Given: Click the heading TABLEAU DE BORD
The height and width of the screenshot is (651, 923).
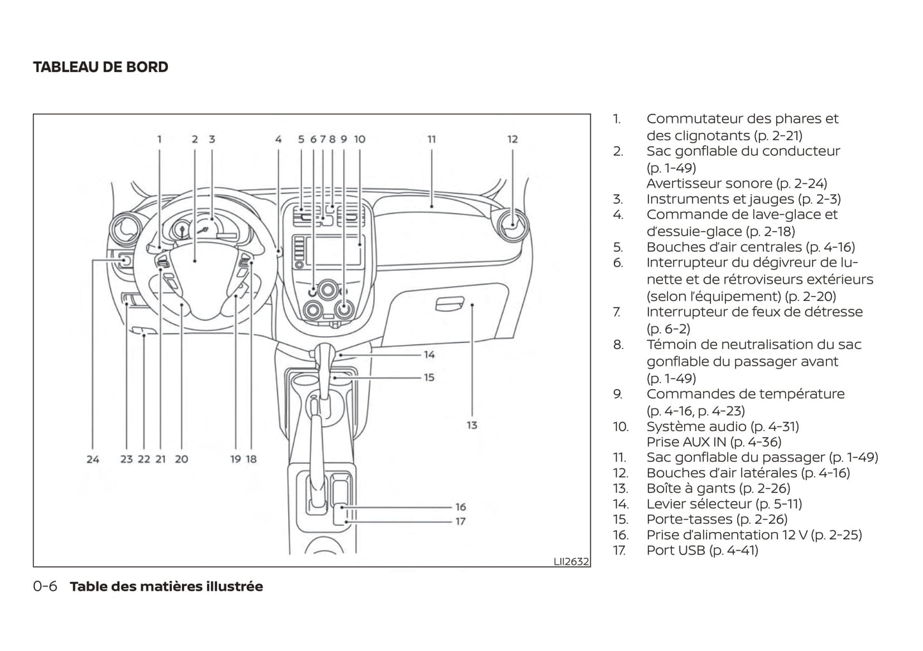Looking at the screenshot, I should point(100,67).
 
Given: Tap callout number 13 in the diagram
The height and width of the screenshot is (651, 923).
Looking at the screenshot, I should point(471,425).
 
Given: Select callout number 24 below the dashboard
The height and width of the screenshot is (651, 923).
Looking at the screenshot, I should point(93,459).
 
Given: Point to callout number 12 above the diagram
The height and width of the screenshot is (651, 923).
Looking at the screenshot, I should point(512,139).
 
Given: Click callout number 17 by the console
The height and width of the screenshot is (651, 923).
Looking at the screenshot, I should point(461,521).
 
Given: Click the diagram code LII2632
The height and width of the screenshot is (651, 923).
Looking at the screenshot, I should point(571,562).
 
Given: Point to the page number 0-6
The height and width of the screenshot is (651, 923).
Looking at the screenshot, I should point(45,586).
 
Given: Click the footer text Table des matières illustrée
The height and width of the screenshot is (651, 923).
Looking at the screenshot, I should point(166,586).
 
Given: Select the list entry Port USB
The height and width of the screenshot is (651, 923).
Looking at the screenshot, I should point(702,550).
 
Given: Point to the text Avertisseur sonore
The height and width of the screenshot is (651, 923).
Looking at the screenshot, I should point(736,183).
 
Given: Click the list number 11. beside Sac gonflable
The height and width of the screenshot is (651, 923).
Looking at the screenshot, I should point(619,457).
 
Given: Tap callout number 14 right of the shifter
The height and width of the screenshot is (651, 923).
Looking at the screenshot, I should point(429,355).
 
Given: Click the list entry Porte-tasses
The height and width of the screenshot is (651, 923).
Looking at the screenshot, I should point(717,519).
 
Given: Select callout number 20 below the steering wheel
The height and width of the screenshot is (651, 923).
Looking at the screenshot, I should point(181,459).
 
